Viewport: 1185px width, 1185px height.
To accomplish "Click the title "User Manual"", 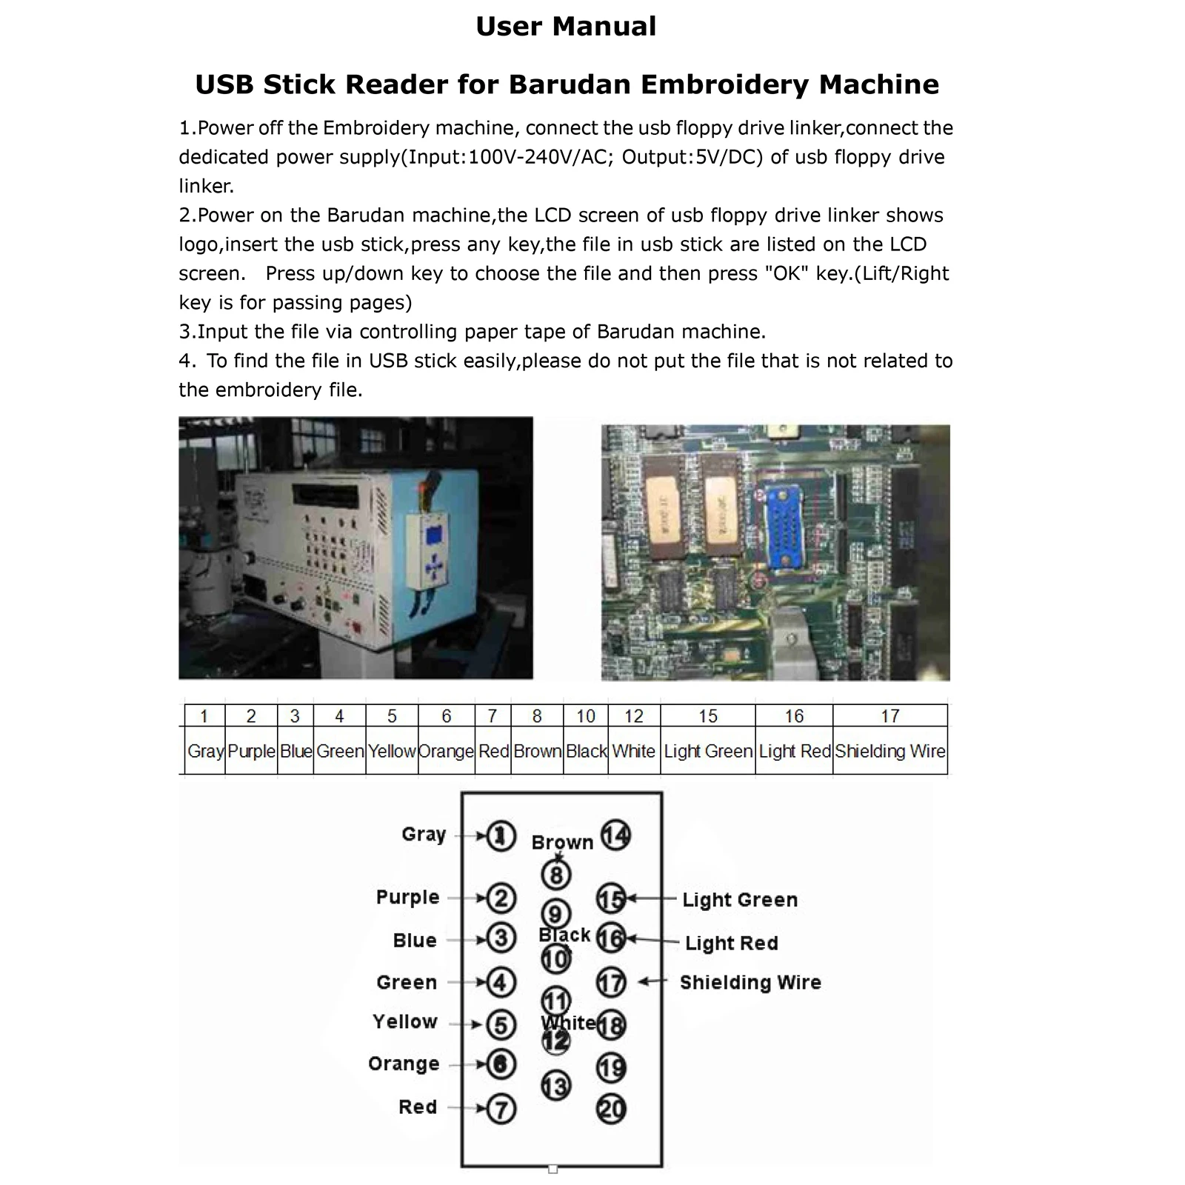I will [566, 27].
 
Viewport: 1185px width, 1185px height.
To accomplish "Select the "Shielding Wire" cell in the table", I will [890, 751].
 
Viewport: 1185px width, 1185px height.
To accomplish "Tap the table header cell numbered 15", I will [707, 716].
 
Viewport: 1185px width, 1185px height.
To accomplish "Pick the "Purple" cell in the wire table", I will [251, 751].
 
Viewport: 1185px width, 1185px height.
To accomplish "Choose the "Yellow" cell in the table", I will [392, 751].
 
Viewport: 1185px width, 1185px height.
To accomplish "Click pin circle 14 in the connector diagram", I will [615, 835].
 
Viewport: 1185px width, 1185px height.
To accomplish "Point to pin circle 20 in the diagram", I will [611, 1109].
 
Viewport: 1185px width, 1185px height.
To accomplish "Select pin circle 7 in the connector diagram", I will [501, 1109].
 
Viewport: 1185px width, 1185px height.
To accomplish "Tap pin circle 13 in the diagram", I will [555, 1086].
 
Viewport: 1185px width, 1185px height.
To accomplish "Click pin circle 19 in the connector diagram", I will [611, 1067].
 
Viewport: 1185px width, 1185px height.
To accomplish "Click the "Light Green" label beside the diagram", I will [740, 900].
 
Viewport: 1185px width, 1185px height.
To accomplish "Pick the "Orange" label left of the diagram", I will [404, 1064].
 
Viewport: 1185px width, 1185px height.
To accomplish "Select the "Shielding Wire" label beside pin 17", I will [750, 982].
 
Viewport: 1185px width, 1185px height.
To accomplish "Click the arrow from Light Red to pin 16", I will [652, 940].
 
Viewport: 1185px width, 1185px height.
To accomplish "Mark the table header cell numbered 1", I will [204, 716].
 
